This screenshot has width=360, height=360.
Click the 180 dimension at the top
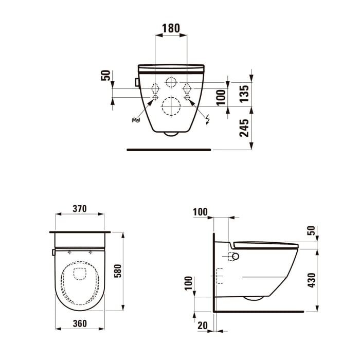pyautogui.click(x=171, y=28)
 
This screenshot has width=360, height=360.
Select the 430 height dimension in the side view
pyautogui.click(x=312, y=280)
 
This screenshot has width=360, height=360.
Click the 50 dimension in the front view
pyautogui.click(x=106, y=76)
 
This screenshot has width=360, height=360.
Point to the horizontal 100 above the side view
pyautogui.click(x=200, y=211)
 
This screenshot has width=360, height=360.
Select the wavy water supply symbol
pyautogui.click(x=136, y=120)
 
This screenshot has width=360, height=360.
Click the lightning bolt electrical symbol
pyautogui.click(x=207, y=120)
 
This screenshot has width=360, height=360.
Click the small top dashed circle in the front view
pyautogui.click(x=171, y=82)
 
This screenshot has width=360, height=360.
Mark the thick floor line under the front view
pyautogui.click(x=169, y=150)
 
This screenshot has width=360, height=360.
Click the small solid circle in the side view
pyautogui.click(x=236, y=256)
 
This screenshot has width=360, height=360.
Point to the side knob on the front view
pyautogui.click(x=137, y=82)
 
